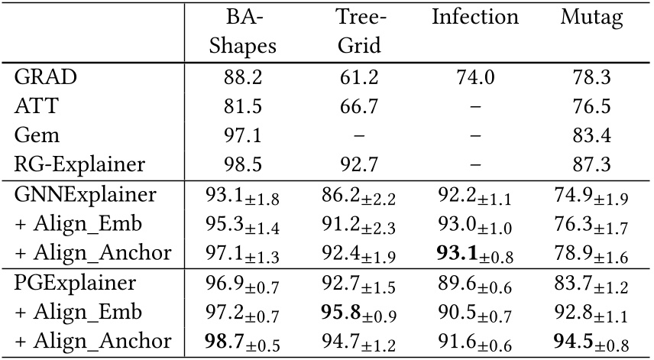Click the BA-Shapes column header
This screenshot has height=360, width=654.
pyautogui.click(x=242, y=31)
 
